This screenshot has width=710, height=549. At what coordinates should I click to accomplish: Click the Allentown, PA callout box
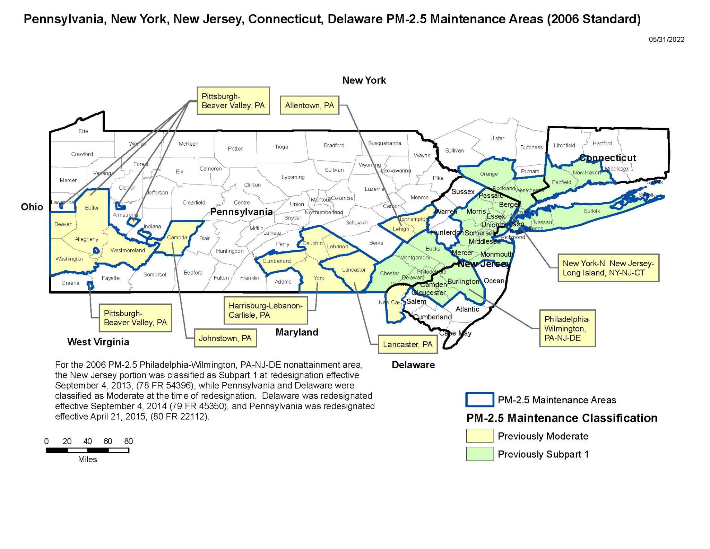click(x=309, y=105)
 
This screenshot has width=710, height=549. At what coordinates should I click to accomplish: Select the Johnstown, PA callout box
click(x=225, y=338)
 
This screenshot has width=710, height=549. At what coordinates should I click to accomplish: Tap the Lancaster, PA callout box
click(x=408, y=344)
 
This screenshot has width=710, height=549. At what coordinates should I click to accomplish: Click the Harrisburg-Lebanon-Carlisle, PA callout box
click(x=266, y=310)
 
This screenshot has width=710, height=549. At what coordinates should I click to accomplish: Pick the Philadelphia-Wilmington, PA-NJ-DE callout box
click(x=567, y=328)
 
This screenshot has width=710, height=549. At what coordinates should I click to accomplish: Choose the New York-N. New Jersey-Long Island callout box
click(x=608, y=268)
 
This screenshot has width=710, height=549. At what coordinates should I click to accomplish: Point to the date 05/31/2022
click(x=666, y=40)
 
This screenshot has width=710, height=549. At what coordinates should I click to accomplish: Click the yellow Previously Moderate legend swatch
click(x=479, y=436)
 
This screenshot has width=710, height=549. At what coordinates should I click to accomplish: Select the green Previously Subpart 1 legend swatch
click(x=479, y=454)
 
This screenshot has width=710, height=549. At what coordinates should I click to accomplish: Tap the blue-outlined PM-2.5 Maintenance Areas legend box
click(x=479, y=400)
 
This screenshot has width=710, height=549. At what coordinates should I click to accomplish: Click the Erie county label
click(x=83, y=131)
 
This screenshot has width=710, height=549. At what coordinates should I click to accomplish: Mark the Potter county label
click(x=235, y=148)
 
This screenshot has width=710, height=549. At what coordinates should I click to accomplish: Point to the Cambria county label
click(x=177, y=238)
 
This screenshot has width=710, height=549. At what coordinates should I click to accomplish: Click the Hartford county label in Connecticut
click(x=602, y=143)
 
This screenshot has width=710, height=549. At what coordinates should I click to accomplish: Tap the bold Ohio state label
click(x=32, y=207)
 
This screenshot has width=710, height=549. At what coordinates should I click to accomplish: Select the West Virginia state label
click(x=98, y=342)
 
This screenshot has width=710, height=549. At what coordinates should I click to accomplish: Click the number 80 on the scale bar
click(x=128, y=441)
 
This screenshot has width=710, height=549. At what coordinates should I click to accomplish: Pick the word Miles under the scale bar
click(x=87, y=460)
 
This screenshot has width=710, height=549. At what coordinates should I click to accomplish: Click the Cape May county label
click(x=455, y=333)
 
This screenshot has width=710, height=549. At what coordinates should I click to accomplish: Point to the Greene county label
click(x=70, y=283)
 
